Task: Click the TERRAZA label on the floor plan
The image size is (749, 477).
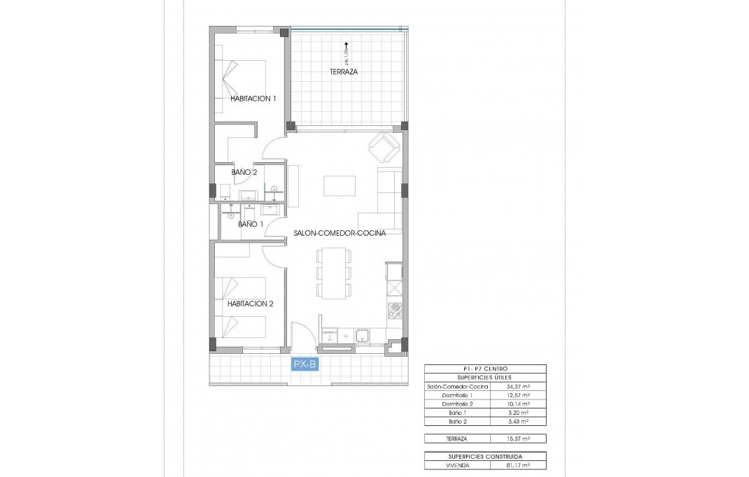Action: [x=344, y=71]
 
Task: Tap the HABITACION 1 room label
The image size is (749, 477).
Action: [x=253, y=99]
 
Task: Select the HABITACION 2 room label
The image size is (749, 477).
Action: [x=250, y=304]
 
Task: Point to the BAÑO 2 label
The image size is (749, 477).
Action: [x=245, y=171]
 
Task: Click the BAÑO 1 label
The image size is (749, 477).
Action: [x=251, y=224]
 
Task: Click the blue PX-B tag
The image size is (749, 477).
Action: [x=305, y=363]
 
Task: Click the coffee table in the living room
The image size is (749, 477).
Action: [x=339, y=185]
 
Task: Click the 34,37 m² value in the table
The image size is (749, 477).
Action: [x=518, y=386]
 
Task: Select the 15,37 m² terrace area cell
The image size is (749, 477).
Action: [x=518, y=439]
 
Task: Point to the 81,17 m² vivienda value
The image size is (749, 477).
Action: [x=518, y=465]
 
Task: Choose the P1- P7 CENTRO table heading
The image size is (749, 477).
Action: [x=485, y=369]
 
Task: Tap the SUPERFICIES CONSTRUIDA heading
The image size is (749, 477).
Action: [x=485, y=456]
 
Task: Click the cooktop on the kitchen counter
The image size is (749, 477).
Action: [x=395, y=310]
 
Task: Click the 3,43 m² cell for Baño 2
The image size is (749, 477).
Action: [x=518, y=422]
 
